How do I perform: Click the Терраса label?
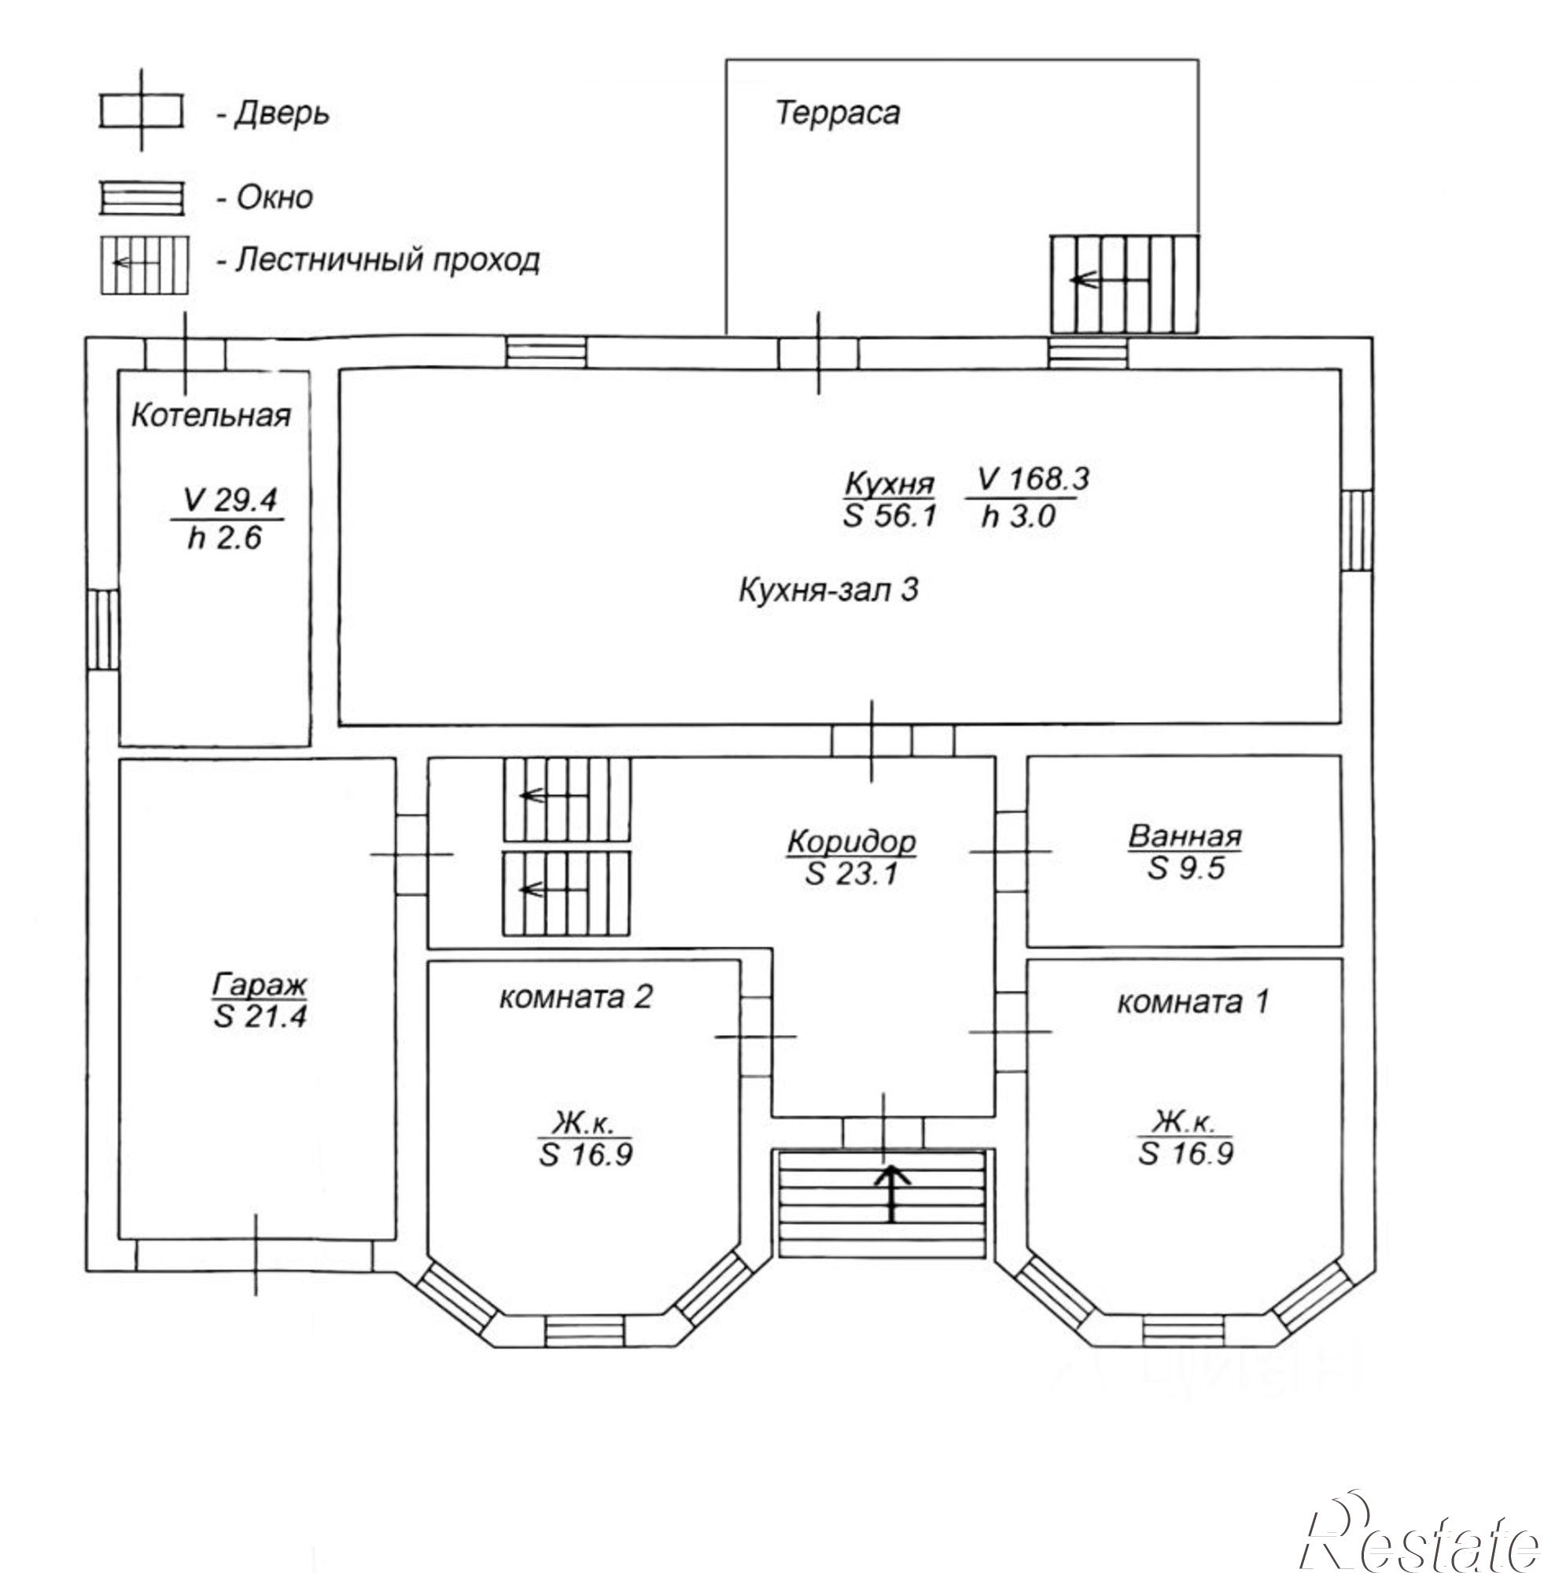(838, 112)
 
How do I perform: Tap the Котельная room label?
(211, 415)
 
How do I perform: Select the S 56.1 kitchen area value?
(890, 516)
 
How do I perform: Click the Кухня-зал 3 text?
(828, 589)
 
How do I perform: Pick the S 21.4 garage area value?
(260, 1016)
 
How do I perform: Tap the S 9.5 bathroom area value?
(1185, 868)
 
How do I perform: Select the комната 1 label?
(1192, 1003)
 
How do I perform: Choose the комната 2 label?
(575, 996)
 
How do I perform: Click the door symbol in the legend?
(142, 111)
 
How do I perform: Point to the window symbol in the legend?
(142, 199)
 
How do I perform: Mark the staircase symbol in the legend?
(145, 264)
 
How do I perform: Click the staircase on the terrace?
(1124, 284)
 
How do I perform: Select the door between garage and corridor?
(412, 854)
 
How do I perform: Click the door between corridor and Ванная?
(1012, 851)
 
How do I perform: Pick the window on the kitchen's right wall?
(1357, 530)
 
